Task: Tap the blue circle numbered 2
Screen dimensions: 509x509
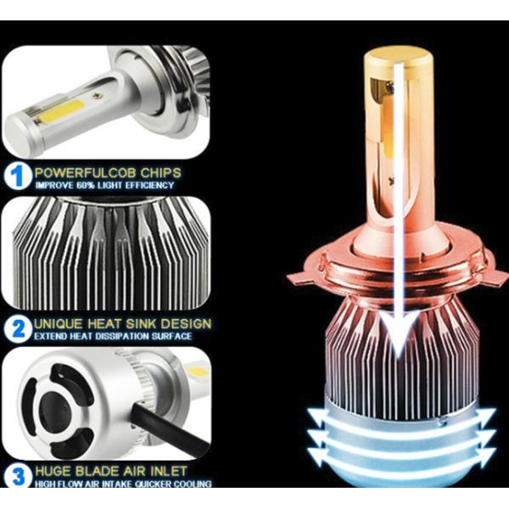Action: [16, 328]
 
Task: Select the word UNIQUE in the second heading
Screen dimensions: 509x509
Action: [59, 324]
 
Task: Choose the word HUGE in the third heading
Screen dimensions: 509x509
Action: [53, 471]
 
